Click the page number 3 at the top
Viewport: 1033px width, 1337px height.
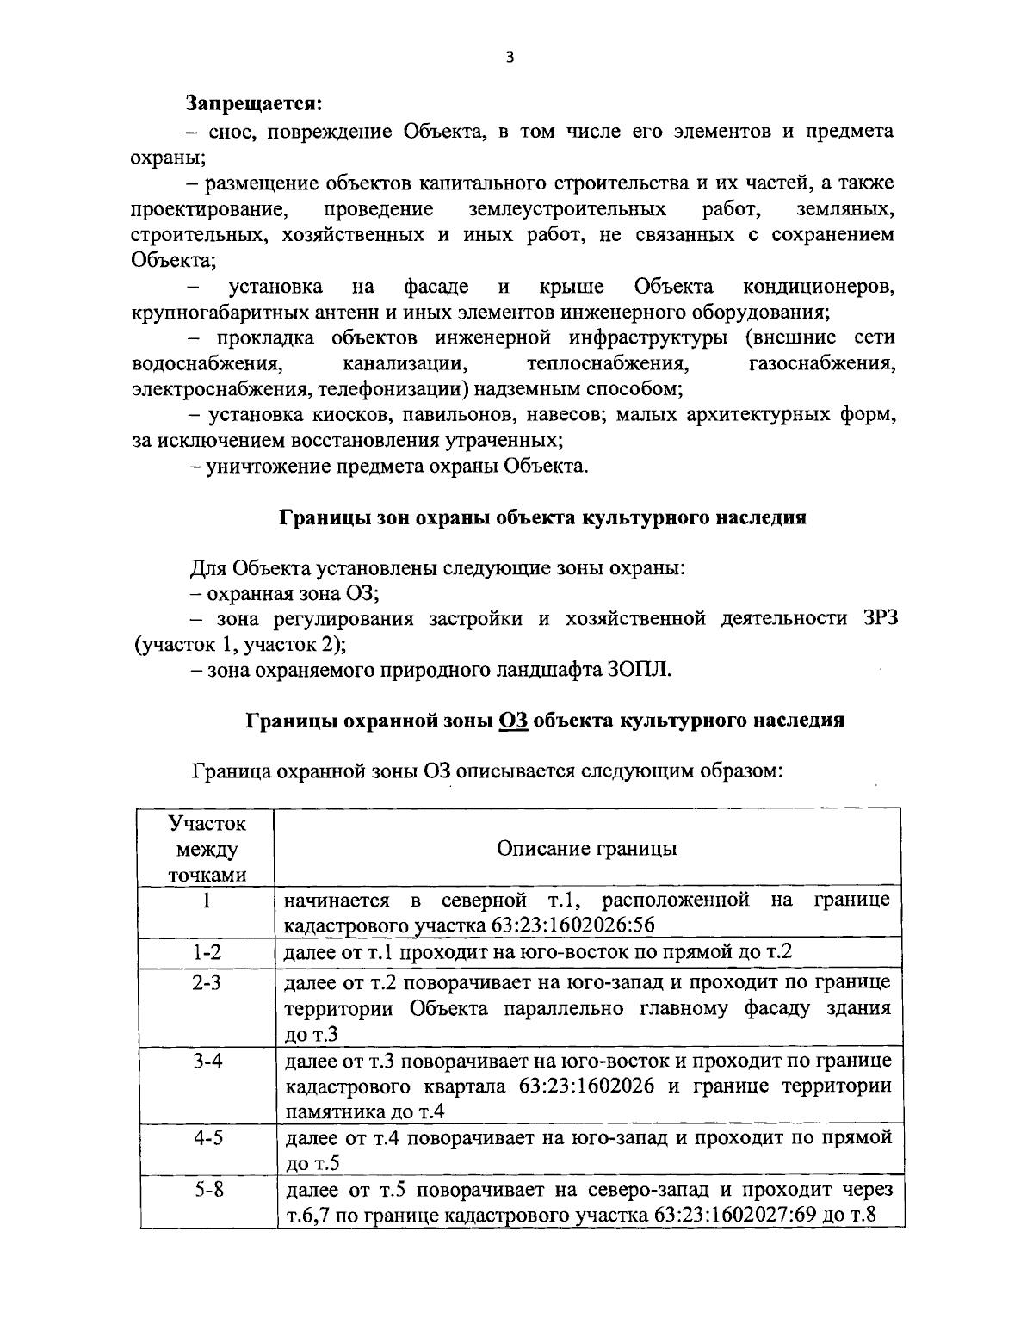click(x=510, y=58)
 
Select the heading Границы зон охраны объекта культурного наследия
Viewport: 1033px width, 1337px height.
click(x=541, y=517)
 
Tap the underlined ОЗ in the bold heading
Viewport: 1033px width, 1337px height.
click(x=513, y=721)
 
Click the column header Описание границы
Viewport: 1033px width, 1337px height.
click(x=587, y=848)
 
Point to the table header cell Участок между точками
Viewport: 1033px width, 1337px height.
click(x=207, y=849)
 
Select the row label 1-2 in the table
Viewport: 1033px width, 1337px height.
click(x=207, y=952)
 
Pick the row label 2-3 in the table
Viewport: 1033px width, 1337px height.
click(x=207, y=982)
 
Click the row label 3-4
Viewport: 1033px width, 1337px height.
click(x=207, y=1061)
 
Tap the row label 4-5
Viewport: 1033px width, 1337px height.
click(x=207, y=1138)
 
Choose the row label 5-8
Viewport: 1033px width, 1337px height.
click(x=207, y=1192)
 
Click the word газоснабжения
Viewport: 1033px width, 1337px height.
click(x=822, y=363)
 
